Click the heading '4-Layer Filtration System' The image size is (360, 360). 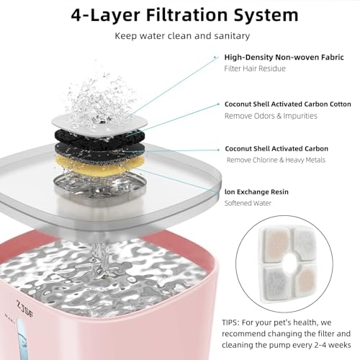pyautogui.click(x=184, y=15)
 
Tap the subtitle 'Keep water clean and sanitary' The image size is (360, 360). pyautogui.click(x=182, y=36)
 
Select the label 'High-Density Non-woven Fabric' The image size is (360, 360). pyautogui.click(x=284, y=58)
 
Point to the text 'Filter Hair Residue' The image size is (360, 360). pyautogui.click(x=255, y=68)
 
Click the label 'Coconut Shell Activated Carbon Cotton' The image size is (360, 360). pyautogui.click(x=288, y=104)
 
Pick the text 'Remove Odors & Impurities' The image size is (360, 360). pyautogui.click(x=271, y=116)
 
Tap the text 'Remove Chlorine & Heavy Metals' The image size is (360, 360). pyautogui.click(x=276, y=160)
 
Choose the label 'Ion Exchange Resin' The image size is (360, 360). pyautogui.click(x=256, y=192)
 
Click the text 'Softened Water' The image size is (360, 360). pyautogui.click(x=248, y=203)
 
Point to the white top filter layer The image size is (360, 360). pyautogui.click(x=99, y=123)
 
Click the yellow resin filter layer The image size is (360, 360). pyautogui.click(x=99, y=165)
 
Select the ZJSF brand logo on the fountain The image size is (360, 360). pyautogui.click(x=24, y=308)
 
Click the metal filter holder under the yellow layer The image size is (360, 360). pyautogui.click(x=99, y=186)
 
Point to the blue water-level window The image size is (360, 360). pyautogui.click(x=22, y=339)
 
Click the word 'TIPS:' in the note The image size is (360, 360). pyautogui.click(x=230, y=323)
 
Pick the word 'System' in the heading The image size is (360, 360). pyautogui.click(x=266, y=15)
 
